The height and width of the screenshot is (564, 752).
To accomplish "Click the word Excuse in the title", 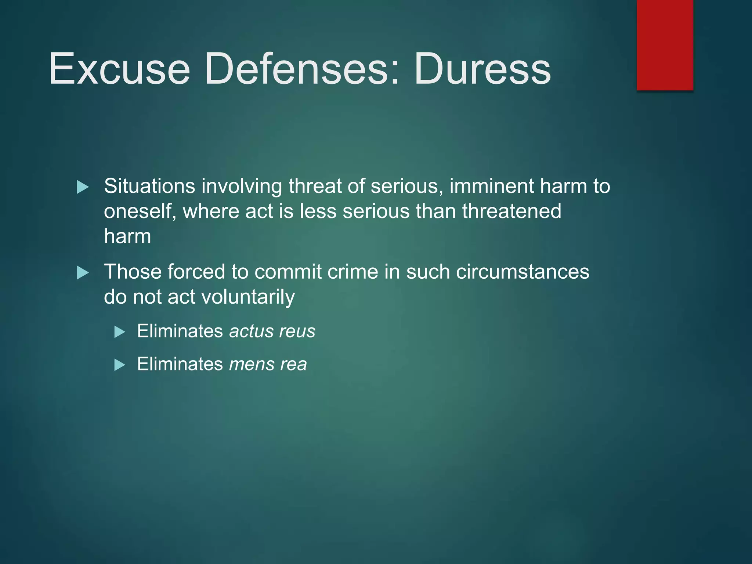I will tap(120, 69).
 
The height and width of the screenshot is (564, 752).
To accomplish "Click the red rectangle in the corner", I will tap(665, 45).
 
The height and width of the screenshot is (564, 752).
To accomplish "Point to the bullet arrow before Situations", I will tap(83, 187).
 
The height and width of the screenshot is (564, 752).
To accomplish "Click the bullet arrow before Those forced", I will tap(83, 273).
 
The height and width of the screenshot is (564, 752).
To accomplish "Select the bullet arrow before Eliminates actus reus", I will tap(120, 332).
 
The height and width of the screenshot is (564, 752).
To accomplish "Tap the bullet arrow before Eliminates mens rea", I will tap(120, 365).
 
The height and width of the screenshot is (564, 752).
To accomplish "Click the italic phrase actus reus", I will tap(272, 331).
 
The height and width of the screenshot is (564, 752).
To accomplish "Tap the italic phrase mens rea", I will tap(268, 364).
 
